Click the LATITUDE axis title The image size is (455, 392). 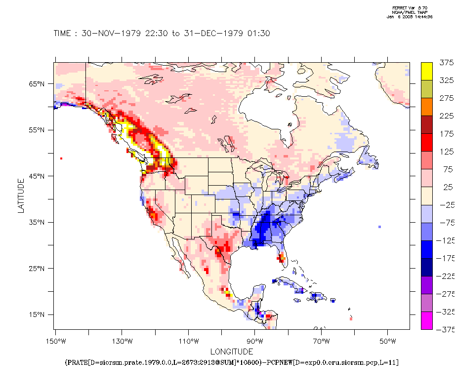pyautogui.click(x=21, y=196)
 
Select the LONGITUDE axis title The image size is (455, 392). pyautogui.click(x=232, y=352)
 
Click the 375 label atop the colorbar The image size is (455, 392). pyautogui.click(x=446, y=63)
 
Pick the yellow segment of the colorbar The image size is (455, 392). pyautogui.click(x=427, y=71)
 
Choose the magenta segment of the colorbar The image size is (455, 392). pyautogui.click(x=427, y=321)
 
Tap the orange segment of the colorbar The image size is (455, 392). pyautogui.click(x=427, y=107)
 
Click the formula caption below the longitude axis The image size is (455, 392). pyautogui.click(x=232, y=363)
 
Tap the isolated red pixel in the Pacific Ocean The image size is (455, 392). pyautogui.click(x=61, y=158)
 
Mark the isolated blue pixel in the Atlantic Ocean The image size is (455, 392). pyautogui.click(x=379, y=227)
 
